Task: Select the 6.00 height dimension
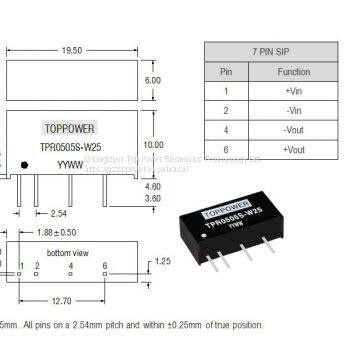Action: (x=152, y=80)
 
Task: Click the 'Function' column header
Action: (x=293, y=72)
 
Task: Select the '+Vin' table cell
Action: (x=293, y=91)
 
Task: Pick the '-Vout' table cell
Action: (x=293, y=129)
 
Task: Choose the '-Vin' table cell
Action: (x=293, y=110)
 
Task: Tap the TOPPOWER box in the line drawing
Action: (x=68, y=128)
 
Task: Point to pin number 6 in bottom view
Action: (x=105, y=265)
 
